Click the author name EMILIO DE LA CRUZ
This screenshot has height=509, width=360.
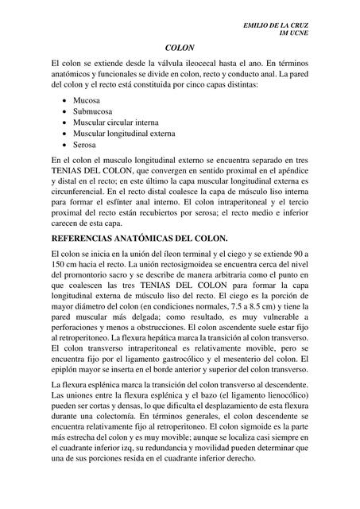point(276,26)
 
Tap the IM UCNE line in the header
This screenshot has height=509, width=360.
point(294,34)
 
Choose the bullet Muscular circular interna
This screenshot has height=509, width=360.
point(115,123)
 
